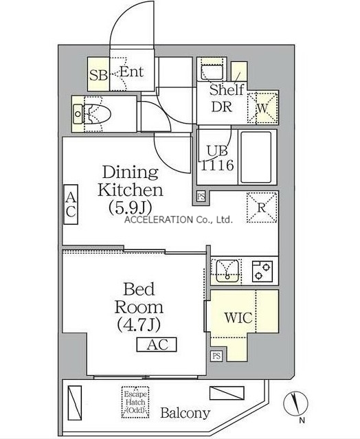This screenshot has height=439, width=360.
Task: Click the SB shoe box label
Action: tap(98, 75)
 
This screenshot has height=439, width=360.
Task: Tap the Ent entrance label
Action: tap(132, 71)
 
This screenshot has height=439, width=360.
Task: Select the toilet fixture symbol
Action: tap(92, 114)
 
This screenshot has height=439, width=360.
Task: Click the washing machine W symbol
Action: tap(262, 107)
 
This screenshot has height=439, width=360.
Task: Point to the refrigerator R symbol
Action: tap(262, 207)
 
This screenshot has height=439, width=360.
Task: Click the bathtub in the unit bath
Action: tap(256, 157)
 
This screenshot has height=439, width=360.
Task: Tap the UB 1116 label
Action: tap(217, 158)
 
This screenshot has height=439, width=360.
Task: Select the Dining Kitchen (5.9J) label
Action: tap(130, 190)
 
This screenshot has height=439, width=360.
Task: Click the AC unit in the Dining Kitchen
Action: tap(71, 204)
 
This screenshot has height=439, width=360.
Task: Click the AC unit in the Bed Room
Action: tap(157, 344)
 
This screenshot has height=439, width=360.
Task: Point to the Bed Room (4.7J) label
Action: tap(139, 307)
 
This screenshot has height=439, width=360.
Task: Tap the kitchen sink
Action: tap(227, 271)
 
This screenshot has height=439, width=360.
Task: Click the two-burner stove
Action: tap(262, 271)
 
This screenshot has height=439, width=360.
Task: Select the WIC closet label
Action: tap(238, 318)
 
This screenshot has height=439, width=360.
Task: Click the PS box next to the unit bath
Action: tap(201, 196)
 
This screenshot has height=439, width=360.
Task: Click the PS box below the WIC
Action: tap(216, 356)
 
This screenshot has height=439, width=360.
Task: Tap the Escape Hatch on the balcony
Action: tap(135, 402)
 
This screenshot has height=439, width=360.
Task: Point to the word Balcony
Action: tap(185, 414)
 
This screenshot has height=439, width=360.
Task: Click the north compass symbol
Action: tap(295, 404)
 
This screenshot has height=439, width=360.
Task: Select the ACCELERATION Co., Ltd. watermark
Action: tap(179, 220)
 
